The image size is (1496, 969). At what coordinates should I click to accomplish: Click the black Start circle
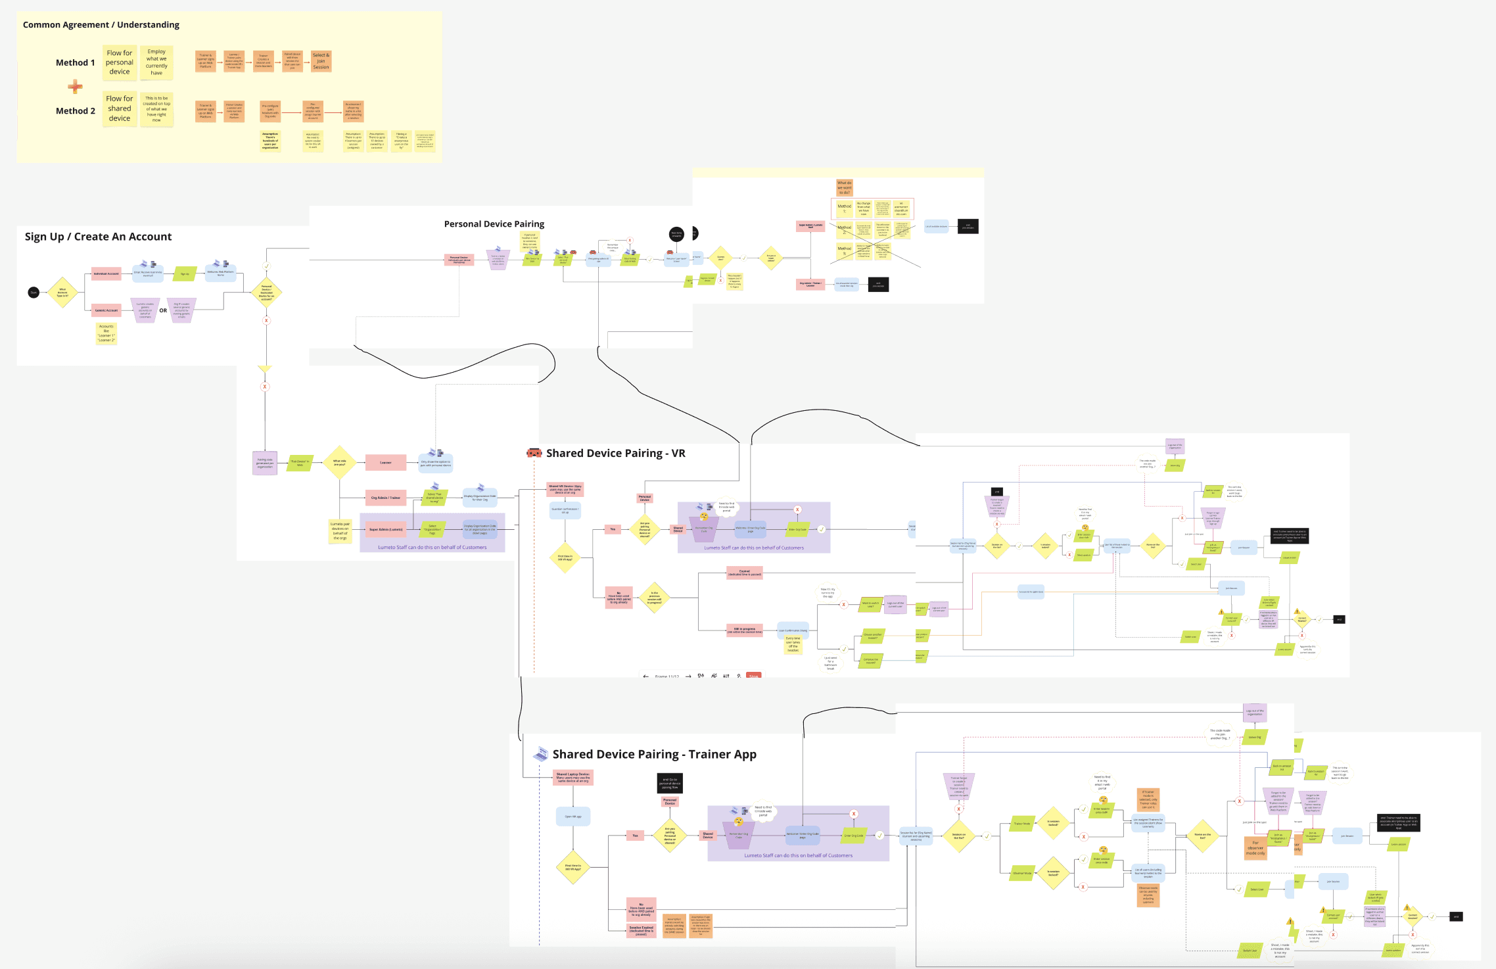34,292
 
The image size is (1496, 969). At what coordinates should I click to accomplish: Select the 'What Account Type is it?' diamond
62,293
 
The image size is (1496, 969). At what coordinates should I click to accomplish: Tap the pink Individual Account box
106,273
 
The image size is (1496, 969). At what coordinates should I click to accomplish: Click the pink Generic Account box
106,310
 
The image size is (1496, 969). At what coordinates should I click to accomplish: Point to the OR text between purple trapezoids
163,310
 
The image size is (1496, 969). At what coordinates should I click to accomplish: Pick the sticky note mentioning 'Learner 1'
106,333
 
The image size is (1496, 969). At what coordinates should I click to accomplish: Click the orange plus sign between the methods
75,86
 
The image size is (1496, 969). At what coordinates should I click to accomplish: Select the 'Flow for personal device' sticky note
120,62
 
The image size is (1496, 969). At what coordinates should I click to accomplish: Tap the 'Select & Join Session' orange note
321,61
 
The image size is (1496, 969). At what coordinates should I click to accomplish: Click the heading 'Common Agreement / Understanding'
101,25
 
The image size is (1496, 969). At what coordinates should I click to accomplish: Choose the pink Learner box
385,462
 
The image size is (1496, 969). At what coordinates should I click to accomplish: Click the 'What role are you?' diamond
339,462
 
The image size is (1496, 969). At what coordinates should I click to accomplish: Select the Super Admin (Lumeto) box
386,529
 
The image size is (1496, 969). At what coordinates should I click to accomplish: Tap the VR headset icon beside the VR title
534,453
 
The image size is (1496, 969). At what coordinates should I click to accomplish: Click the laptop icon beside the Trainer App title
541,754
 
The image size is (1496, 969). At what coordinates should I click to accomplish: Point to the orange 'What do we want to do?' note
844,187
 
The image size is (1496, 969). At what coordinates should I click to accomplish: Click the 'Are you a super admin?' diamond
771,258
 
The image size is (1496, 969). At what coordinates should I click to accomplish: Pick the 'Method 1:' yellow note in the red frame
844,208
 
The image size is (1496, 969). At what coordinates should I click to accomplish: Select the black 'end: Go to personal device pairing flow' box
670,783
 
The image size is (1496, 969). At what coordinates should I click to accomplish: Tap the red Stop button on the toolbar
753,675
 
